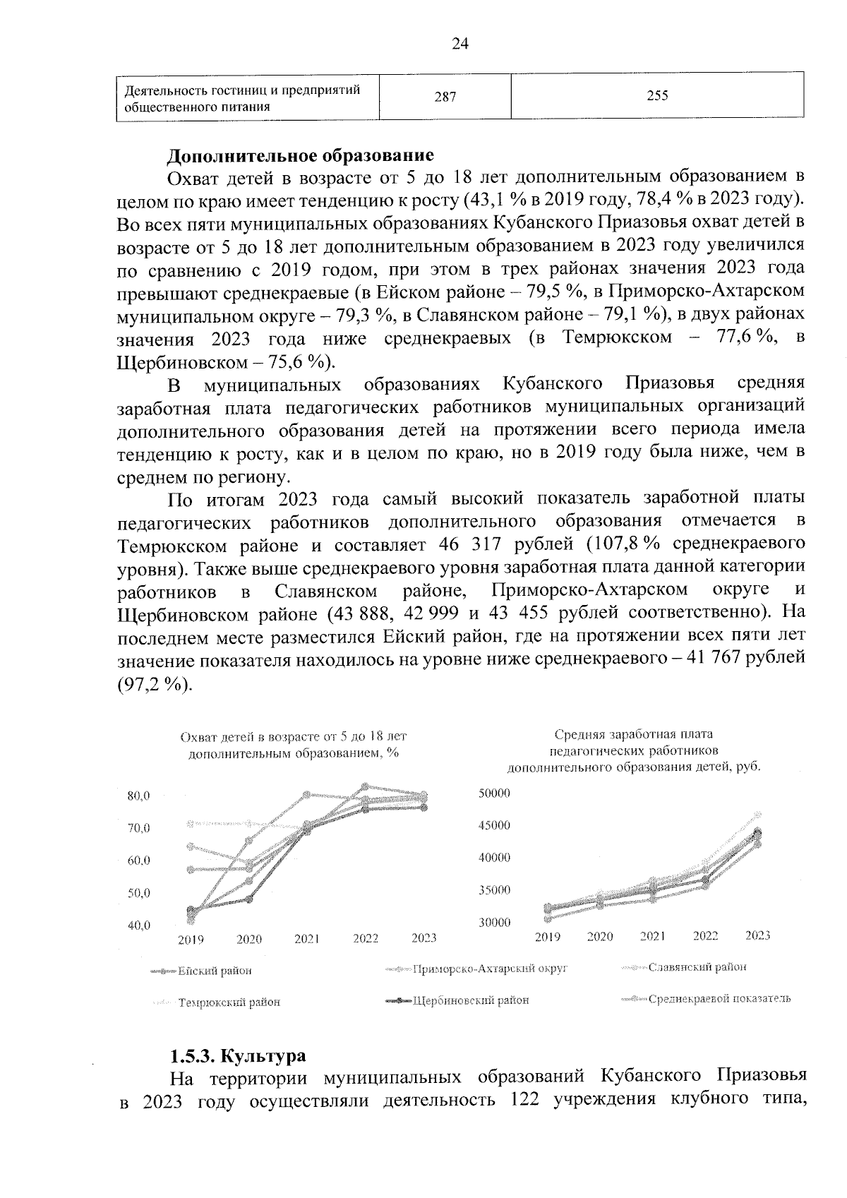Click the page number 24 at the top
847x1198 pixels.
point(459,44)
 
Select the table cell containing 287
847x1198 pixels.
point(445,97)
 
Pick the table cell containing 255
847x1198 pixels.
point(657,96)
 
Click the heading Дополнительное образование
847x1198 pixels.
point(300,154)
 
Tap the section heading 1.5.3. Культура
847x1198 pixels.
point(238,1055)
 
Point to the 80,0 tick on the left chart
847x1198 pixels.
point(138,796)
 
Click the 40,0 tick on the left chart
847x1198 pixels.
point(138,926)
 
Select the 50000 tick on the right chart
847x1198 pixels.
point(494,793)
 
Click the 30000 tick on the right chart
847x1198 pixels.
point(494,923)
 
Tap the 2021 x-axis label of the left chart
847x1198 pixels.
point(307,939)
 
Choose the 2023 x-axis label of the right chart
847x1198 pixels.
point(758,936)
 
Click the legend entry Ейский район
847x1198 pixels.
point(214,971)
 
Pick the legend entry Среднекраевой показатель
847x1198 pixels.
point(719,998)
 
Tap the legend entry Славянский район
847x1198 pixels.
point(697,967)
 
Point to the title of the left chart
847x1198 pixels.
point(294,745)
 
